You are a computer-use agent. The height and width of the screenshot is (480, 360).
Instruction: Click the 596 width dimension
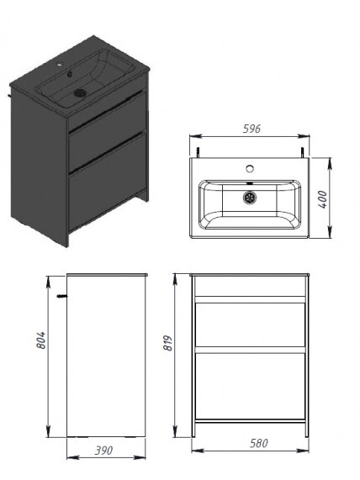click(x=251, y=129)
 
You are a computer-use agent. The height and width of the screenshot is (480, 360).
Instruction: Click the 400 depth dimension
click(x=322, y=199)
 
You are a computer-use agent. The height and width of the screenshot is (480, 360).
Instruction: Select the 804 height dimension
click(x=40, y=340)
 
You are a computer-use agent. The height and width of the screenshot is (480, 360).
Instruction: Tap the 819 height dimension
click(x=168, y=343)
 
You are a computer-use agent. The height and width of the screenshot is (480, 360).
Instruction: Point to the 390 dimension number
click(x=103, y=451)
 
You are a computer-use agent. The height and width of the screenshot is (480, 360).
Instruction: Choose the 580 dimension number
click(x=258, y=443)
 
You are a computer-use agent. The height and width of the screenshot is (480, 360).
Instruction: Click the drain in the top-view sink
click(x=250, y=198)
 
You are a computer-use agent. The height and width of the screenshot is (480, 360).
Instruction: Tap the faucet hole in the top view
click(x=251, y=168)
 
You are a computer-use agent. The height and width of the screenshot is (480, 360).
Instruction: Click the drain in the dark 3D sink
click(x=80, y=92)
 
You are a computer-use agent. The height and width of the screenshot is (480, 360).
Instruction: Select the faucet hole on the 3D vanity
click(x=60, y=65)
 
